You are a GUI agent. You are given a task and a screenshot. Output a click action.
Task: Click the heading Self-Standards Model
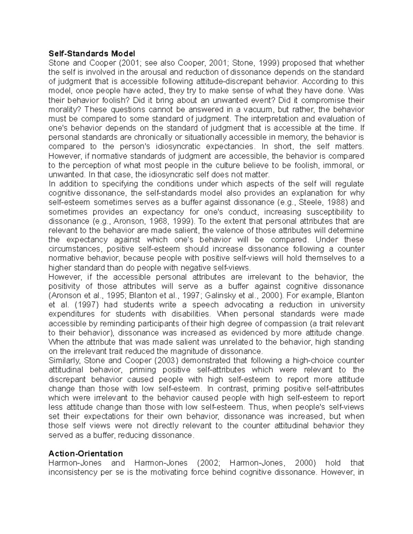[x=92, y=54]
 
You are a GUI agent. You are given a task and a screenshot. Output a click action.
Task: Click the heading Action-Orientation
[x=86, y=453]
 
